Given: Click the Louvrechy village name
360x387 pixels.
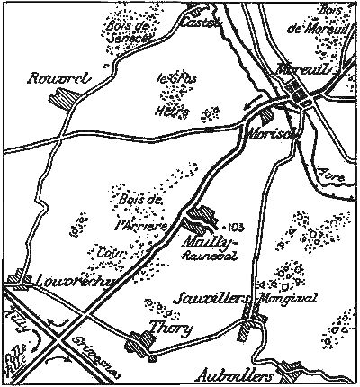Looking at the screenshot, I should click(x=67, y=281).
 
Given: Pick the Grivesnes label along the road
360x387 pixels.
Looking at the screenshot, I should click(x=95, y=345).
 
